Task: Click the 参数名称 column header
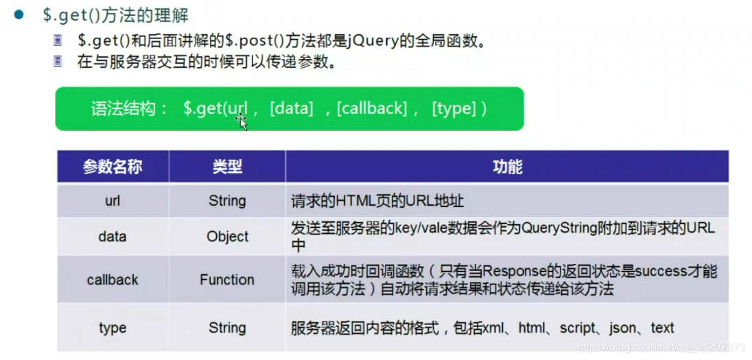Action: coord(113,167)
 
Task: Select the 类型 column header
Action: coord(227,167)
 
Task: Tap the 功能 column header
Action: coord(507,167)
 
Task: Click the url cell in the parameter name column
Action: coord(113,201)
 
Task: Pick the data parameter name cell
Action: coord(113,237)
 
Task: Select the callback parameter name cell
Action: coord(113,280)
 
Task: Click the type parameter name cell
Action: coord(113,328)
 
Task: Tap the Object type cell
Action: coord(227,237)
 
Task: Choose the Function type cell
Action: coord(227,280)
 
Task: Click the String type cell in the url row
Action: coord(227,201)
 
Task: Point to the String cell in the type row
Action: coord(227,328)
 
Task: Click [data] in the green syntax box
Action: coord(292,108)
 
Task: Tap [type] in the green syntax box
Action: coord(454,108)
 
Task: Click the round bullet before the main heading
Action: coord(20,14)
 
